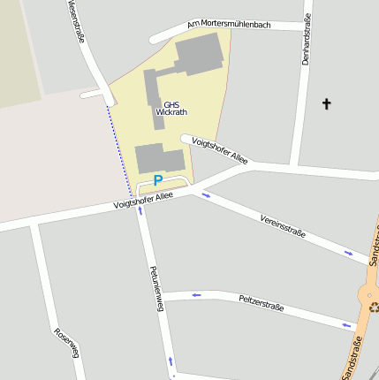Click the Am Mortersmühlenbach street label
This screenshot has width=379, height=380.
pyautogui.click(x=230, y=25)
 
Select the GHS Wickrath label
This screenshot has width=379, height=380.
pyautogui.click(x=171, y=108)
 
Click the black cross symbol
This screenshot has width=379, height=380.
pyautogui.click(x=326, y=104)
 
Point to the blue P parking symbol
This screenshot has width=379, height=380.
pyautogui.click(x=158, y=180)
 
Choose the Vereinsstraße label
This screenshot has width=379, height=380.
pyautogui.click(x=283, y=226)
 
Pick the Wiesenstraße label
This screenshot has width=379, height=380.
pyautogui.click(x=75, y=19)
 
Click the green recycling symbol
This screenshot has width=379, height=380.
pyautogui.click(x=374, y=308)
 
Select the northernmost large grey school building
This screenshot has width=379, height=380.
pyautogui.click(x=197, y=55)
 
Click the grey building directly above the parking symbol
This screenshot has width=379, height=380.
pyautogui.click(x=159, y=158)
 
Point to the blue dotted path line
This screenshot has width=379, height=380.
pyautogui.click(x=121, y=150)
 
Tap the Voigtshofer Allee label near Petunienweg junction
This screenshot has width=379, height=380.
pyautogui.click(x=144, y=201)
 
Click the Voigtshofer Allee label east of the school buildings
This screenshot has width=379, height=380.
pyautogui.click(x=220, y=151)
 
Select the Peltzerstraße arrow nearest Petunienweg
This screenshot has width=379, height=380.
pyautogui.click(x=196, y=295)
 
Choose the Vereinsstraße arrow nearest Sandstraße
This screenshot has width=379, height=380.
pyautogui.click(x=349, y=254)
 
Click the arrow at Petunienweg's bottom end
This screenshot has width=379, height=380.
pyautogui.click(x=170, y=361)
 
